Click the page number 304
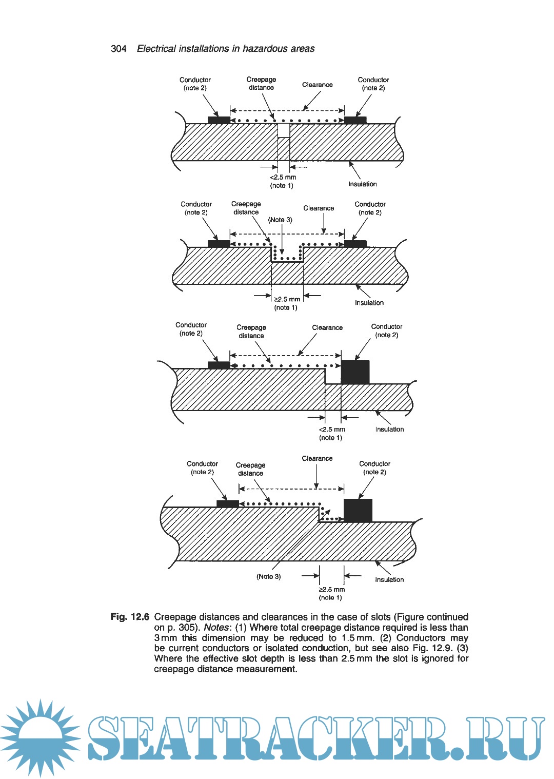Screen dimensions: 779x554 pos(118,49)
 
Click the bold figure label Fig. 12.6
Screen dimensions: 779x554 pos(130,617)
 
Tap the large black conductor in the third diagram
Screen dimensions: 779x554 pos(355,372)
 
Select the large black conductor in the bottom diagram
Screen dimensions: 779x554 pos(358,510)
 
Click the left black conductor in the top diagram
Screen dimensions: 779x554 pos(219,120)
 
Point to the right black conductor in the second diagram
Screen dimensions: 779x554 pos(355,243)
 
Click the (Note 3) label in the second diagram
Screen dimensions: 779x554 pos(280,220)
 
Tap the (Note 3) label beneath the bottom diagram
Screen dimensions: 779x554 pos(268,576)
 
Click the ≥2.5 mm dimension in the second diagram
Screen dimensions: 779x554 pos(287,299)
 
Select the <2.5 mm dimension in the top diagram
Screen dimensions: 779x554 pos(283,177)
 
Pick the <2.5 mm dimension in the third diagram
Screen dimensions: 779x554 pos(331,429)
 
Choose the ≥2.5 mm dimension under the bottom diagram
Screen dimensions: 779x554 pos(331,589)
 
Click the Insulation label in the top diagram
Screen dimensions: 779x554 pos(362,184)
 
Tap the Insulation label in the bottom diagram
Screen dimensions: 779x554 pos(389,579)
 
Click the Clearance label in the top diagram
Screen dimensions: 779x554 pos(317,85)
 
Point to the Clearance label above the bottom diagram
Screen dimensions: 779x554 pos(317,458)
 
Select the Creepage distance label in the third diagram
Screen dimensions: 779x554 pos(251,332)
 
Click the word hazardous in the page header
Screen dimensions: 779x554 pos(265,49)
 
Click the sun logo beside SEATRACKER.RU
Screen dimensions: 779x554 pos(41,737)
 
